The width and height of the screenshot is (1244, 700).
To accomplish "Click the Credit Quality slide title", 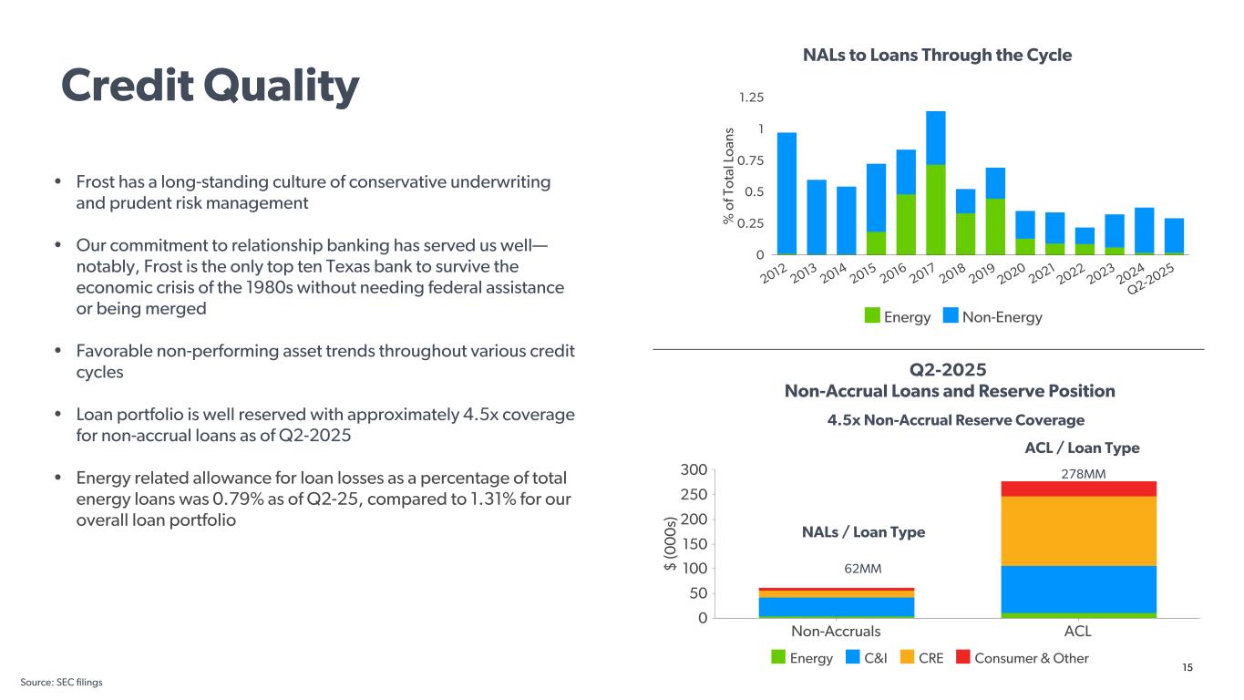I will [210, 86].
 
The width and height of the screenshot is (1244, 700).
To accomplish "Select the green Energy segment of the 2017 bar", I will [936, 209].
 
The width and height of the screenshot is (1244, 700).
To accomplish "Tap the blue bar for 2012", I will [786, 192].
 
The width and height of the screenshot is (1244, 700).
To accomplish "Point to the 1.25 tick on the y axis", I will [751, 98].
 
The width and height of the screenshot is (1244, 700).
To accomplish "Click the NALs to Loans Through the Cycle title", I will [937, 55].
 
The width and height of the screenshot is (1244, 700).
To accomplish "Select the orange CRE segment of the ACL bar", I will [1078, 530].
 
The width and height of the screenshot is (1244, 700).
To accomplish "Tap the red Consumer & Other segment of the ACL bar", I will [1078, 489].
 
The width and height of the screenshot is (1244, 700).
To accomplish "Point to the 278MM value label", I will [1078, 474].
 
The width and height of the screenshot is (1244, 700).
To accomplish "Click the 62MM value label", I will [862, 569].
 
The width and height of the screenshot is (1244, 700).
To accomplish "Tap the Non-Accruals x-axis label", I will [836, 632].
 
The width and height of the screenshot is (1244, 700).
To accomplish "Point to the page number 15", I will [1187, 668].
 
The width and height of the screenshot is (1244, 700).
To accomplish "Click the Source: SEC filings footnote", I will [62, 683].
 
